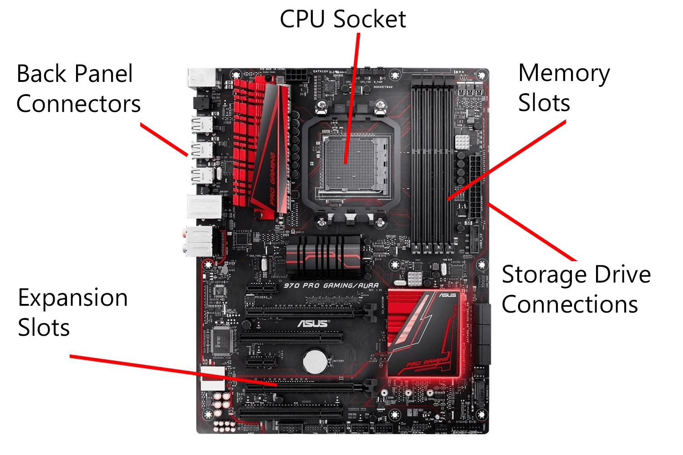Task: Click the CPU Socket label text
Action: coord(342,19)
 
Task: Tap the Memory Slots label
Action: coord(564,88)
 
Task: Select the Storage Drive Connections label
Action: coord(576,289)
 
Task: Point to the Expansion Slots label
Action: coord(72,313)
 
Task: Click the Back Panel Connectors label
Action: coord(78,89)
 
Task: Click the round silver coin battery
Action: coord(315,362)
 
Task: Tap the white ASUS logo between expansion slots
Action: coord(313,324)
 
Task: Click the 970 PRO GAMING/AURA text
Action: coord(331,286)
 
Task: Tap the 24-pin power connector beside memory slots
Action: coord(475,187)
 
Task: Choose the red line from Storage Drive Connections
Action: coord(533,233)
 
